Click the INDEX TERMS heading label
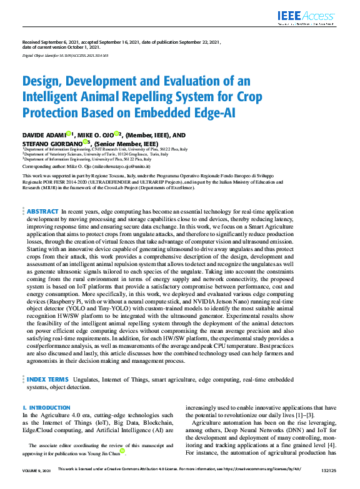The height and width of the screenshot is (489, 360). click(47, 378)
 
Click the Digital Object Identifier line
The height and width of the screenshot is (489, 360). click(65, 55)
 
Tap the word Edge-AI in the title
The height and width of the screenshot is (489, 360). click(187, 113)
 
